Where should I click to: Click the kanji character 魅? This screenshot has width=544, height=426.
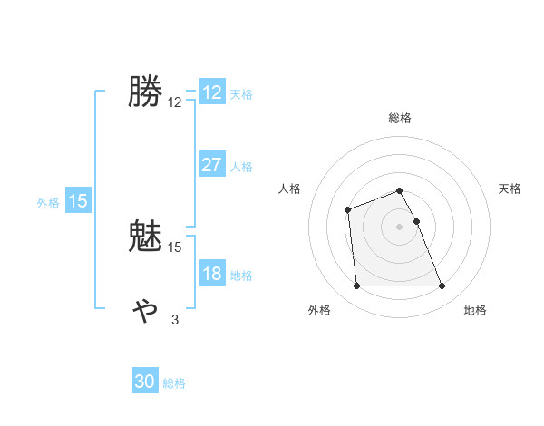point(145,237)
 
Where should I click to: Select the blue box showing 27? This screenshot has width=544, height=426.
point(211,165)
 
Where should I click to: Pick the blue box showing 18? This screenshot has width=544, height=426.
point(211,274)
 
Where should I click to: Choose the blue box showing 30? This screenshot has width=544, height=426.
point(145,382)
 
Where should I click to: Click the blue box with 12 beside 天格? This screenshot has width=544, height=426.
point(211,92)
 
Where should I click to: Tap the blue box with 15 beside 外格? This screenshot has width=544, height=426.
point(78,201)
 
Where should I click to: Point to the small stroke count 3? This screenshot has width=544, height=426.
point(175,319)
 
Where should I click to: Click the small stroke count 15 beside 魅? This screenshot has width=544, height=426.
point(175,247)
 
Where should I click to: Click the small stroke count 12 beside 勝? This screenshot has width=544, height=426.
point(175,102)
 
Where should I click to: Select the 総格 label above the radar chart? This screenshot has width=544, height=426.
point(400,118)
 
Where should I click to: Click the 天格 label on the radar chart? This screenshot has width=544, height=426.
point(510,189)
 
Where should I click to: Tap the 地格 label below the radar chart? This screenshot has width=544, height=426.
point(475,310)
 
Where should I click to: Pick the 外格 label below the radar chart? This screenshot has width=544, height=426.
point(319,310)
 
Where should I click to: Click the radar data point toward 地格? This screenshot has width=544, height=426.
point(442,286)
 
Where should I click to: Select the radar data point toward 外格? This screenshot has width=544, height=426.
point(356,286)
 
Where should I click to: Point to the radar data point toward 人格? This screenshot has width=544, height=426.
point(347,210)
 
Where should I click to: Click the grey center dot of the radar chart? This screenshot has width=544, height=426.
point(400,226)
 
